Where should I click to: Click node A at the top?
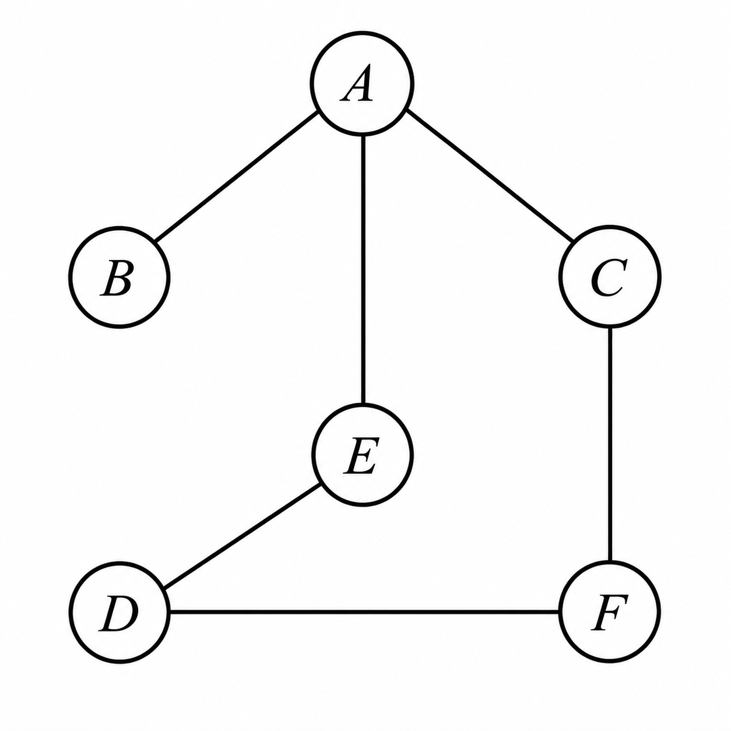click(x=362, y=83)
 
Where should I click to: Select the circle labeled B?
click(x=119, y=277)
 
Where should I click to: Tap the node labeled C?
click(x=610, y=276)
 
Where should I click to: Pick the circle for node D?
click(x=119, y=612)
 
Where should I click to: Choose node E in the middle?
click(x=362, y=455)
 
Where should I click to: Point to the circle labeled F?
click(x=610, y=611)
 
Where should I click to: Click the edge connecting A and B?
click(x=236, y=176)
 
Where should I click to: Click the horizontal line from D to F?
click(x=364, y=612)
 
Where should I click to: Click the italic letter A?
click(x=357, y=83)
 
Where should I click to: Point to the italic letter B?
click(x=117, y=277)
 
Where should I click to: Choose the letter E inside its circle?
click(x=361, y=456)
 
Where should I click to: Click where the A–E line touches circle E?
click(x=363, y=404)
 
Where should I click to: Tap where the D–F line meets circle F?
click(x=560, y=612)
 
